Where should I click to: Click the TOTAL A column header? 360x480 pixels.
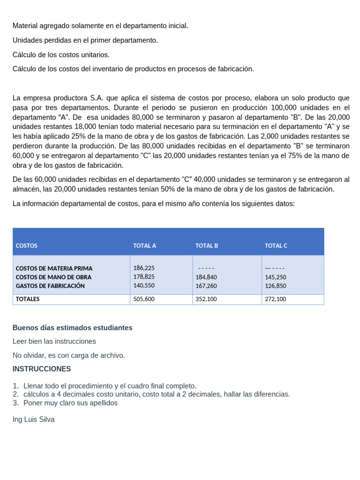click(144, 246)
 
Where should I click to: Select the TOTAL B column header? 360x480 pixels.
click(207, 246)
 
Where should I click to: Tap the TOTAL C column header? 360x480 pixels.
click(276, 246)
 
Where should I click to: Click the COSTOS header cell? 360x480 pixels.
click(26, 246)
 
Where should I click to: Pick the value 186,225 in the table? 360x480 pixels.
click(144, 268)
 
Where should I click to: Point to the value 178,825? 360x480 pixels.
click(144, 277)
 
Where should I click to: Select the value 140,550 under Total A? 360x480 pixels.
click(144, 285)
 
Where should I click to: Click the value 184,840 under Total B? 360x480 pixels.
click(206, 277)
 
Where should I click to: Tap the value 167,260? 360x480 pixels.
click(206, 285)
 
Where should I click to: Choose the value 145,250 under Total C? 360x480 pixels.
click(275, 277)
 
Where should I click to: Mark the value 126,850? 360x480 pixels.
click(275, 285)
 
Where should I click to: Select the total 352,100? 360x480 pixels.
click(206, 299)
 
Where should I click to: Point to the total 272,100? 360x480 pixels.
click(275, 299)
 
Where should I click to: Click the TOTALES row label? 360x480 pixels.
click(28, 299)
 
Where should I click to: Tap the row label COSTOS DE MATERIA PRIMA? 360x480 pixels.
click(54, 269)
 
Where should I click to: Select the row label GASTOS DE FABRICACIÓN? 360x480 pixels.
click(50, 285)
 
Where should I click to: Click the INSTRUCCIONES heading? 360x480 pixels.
click(42, 369)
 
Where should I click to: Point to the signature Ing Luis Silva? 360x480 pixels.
click(33, 420)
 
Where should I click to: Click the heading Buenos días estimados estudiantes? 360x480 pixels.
click(72, 328)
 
